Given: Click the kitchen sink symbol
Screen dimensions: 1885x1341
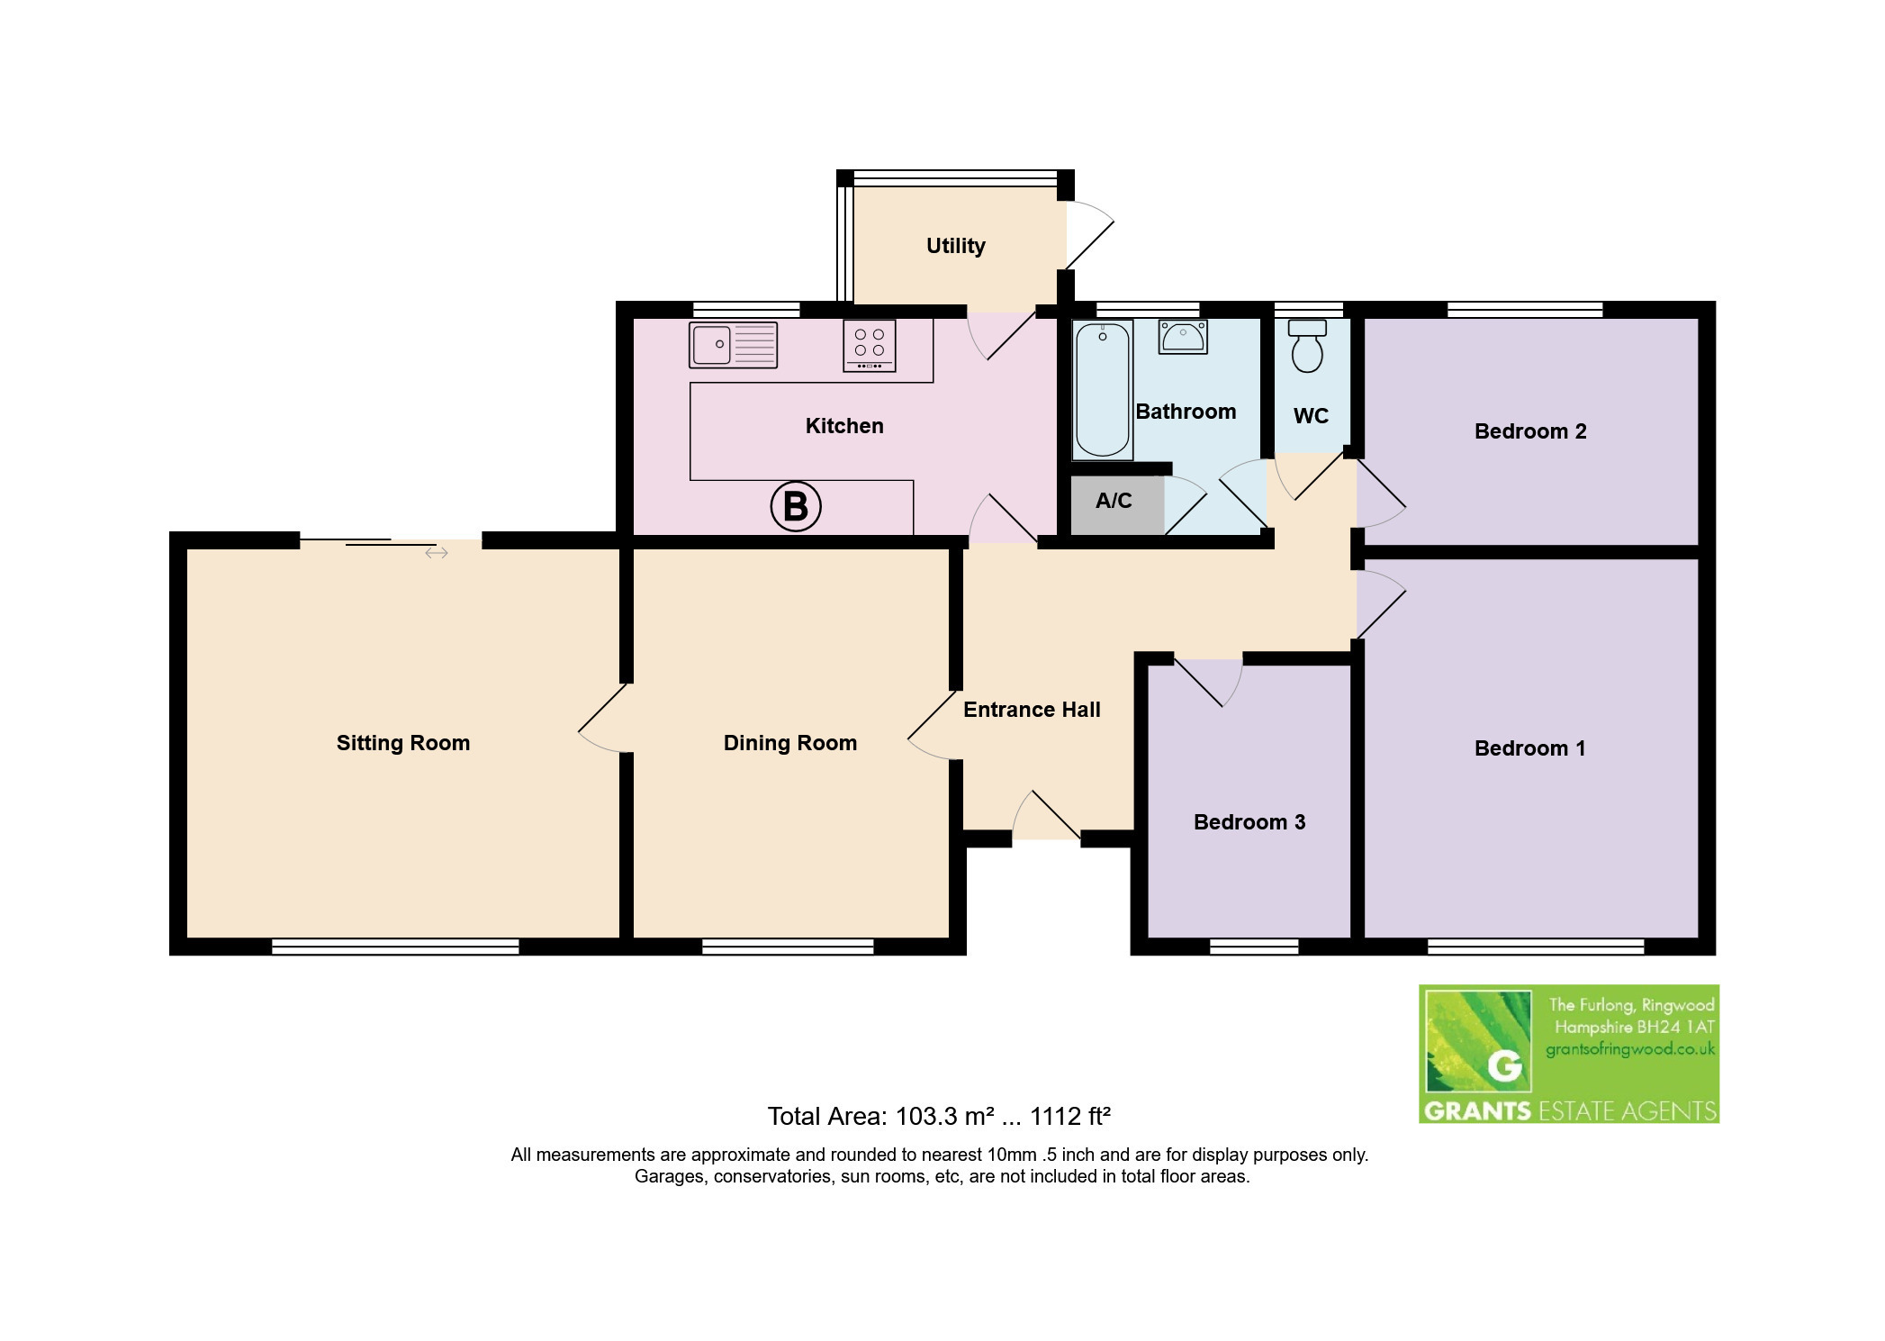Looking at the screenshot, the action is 733,345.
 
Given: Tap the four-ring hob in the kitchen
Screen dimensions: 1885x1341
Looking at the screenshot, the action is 869,346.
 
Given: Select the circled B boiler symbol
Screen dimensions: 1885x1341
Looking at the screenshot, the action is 796,507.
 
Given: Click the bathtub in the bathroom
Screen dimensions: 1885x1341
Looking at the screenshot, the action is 1102,390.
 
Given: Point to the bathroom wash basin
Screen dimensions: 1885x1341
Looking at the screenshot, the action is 1182,336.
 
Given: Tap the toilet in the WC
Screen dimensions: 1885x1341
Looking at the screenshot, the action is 1307,345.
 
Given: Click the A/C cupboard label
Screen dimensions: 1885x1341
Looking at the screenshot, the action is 1114,501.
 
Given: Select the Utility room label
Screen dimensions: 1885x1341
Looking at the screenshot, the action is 956,246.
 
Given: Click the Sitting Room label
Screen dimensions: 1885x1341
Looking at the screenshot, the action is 403,743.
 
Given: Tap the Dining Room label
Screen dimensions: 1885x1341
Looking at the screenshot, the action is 790,743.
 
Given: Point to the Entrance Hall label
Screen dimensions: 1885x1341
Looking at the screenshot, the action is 1032,710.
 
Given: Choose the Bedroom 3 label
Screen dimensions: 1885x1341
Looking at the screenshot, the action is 1249,822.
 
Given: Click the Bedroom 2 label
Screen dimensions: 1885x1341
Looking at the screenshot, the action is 1530,431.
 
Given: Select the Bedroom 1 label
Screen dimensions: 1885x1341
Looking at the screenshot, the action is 1530,748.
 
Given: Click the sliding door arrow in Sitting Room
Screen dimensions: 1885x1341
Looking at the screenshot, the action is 437,553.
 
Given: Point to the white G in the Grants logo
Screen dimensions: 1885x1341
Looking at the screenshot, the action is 1504,1066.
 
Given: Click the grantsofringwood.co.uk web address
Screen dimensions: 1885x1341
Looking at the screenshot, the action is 1630,1049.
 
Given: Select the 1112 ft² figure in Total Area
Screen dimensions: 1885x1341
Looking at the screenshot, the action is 1070,1117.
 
